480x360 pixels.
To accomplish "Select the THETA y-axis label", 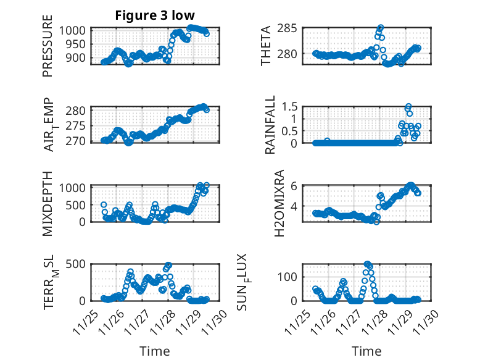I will [x=266, y=45].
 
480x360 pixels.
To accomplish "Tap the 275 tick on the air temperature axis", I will [x=78, y=125].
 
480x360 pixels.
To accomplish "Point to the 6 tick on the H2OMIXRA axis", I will [x=295, y=186].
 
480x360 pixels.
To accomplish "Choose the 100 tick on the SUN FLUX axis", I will [x=291, y=275].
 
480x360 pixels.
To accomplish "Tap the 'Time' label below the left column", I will [x=154, y=351].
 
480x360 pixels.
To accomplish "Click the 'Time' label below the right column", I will [x=366, y=351].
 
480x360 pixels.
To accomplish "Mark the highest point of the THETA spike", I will [x=381, y=28].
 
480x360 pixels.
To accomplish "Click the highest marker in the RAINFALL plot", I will [x=408, y=106].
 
